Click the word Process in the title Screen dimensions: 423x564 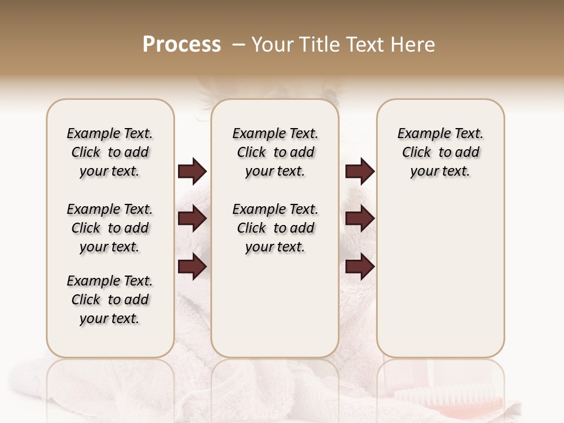[182, 45]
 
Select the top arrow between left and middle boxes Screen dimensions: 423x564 [192, 172]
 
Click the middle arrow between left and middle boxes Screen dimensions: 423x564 [192, 219]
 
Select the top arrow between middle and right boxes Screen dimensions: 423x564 [360, 172]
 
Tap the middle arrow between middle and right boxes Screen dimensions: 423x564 [360, 219]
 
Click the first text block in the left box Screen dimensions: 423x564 [110, 152]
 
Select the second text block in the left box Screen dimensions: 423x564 [110, 228]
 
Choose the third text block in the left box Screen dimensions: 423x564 [110, 300]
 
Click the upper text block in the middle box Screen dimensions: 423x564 [275, 152]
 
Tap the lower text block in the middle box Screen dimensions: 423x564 [275, 228]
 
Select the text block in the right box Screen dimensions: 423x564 [440, 152]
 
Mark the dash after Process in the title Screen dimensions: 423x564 [239, 45]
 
